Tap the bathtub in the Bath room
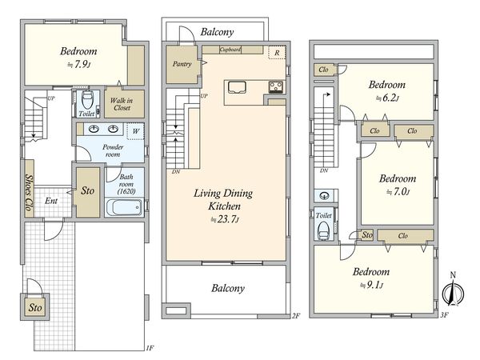point(124,207)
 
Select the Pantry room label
point(182,64)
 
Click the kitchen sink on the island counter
point(237,87)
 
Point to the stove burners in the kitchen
point(276,87)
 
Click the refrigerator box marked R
point(277,53)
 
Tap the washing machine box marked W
point(135,131)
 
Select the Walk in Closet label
point(122,104)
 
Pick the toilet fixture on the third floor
point(323,230)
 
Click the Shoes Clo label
point(29,192)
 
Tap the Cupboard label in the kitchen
point(230,49)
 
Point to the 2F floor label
point(296,316)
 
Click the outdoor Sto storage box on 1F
point(35,307)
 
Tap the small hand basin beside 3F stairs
point(324,195)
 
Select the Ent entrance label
point(51,201)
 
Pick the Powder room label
point(113,150)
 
